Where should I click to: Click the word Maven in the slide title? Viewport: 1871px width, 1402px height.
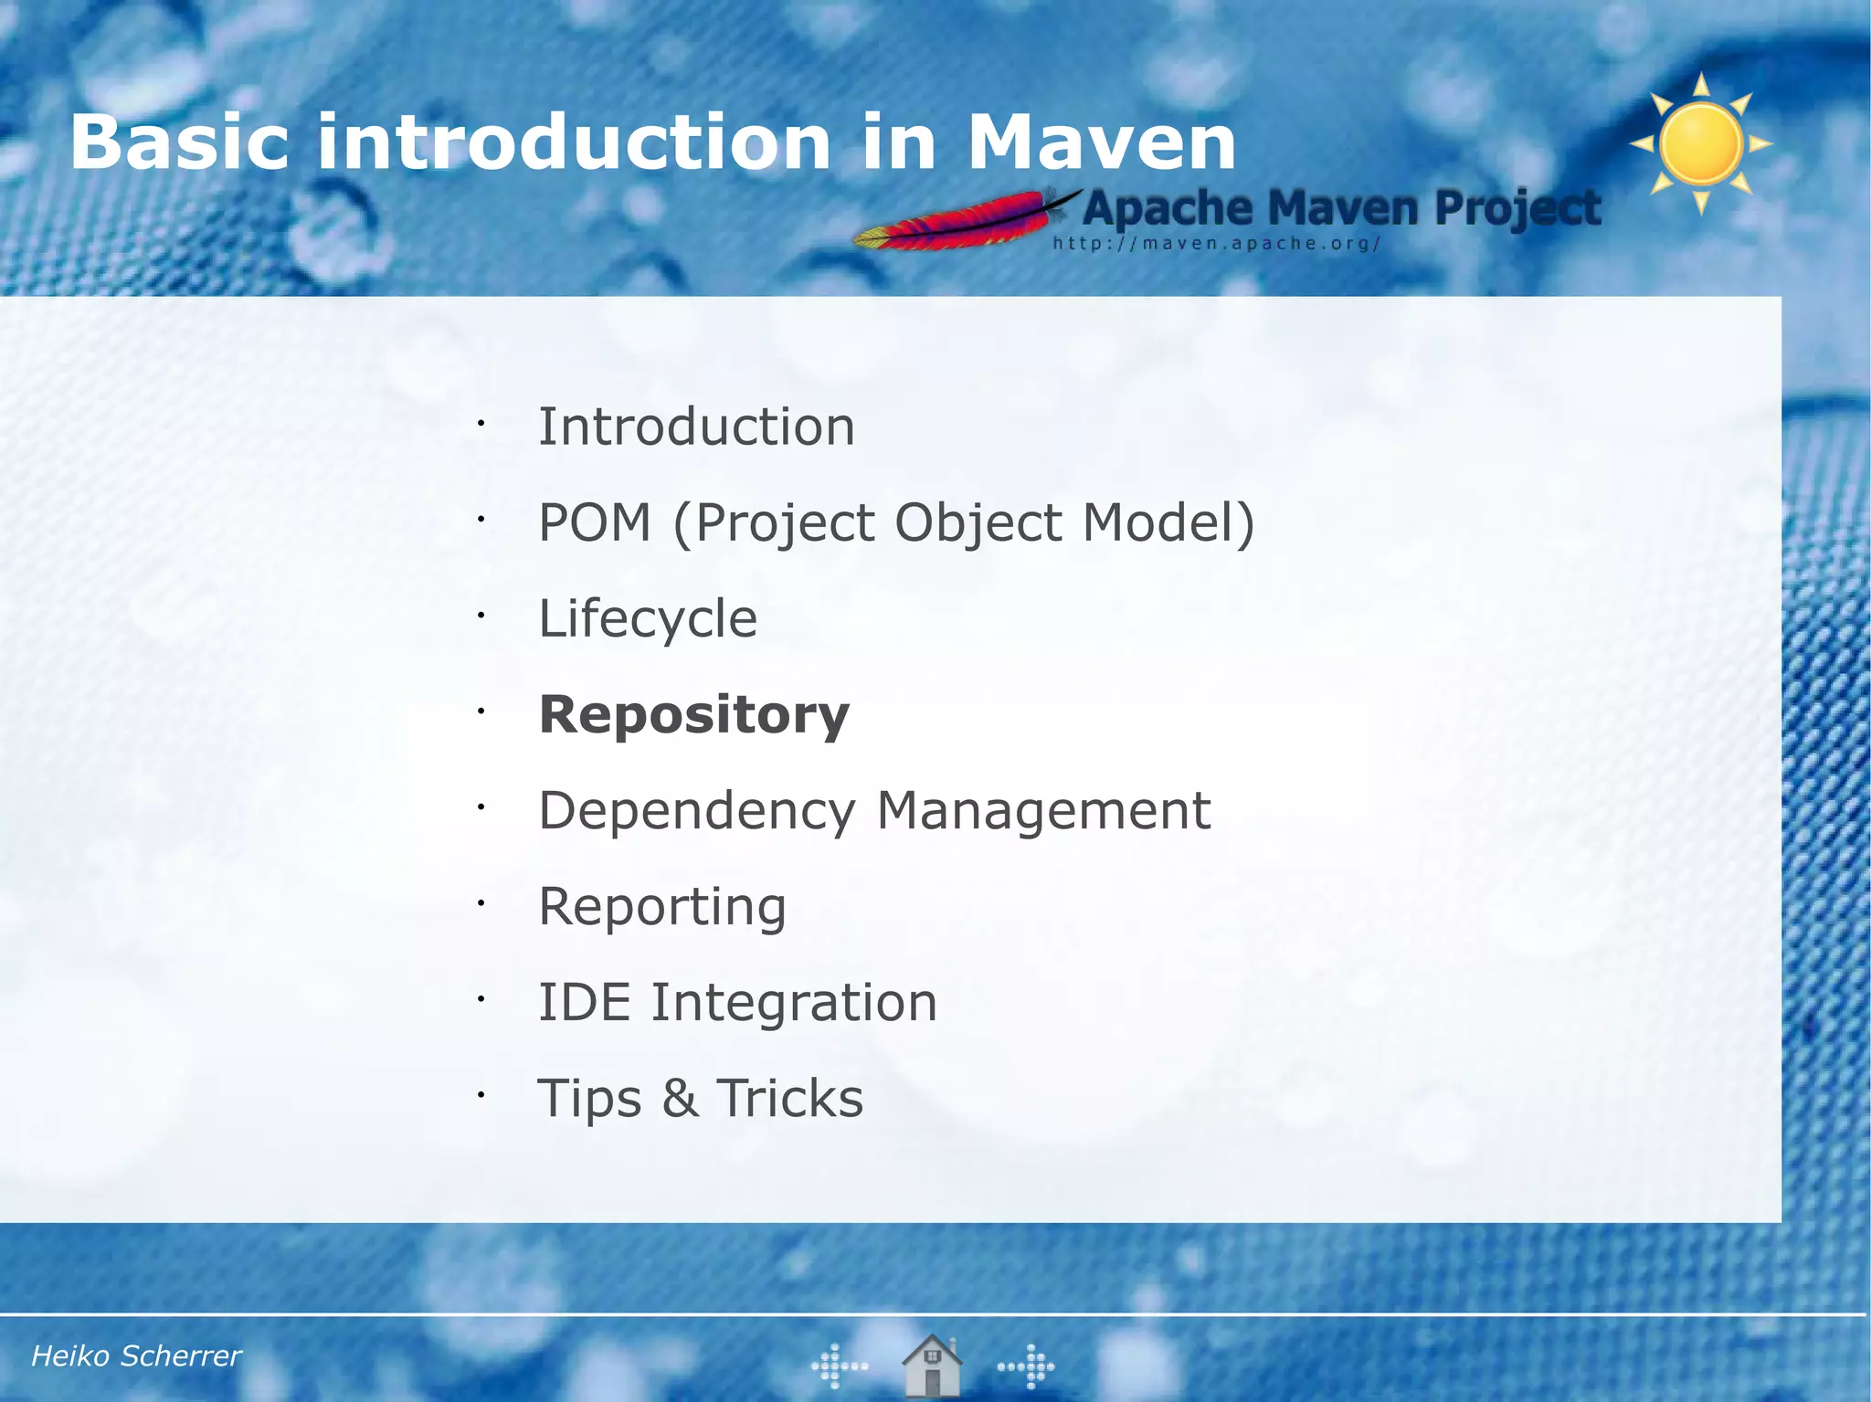[1101, 143]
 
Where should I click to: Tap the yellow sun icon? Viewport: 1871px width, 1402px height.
[1700, 144]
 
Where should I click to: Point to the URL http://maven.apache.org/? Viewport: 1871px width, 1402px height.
[1216, 244]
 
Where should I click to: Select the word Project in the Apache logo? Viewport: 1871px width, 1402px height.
[1517, 209]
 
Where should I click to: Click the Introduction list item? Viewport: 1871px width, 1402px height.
[696, 427]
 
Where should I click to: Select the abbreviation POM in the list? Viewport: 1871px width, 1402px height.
[595, 522]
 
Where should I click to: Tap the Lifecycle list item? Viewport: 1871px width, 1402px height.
[648, 618]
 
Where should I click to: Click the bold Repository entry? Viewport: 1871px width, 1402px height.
[694, 715]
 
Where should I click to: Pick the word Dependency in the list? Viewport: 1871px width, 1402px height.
[697, 811]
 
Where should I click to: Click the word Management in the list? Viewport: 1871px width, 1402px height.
[1043, 810]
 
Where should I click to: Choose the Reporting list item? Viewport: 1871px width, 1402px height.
[662, 907]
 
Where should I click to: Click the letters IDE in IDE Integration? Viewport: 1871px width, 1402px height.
[585, 1002]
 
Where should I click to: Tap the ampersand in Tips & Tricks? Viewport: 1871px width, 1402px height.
[680, 1098]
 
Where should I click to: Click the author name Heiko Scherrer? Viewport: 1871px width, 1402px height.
[136, 1355]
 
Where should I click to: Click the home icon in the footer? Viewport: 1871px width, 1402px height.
[931, 1365]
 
